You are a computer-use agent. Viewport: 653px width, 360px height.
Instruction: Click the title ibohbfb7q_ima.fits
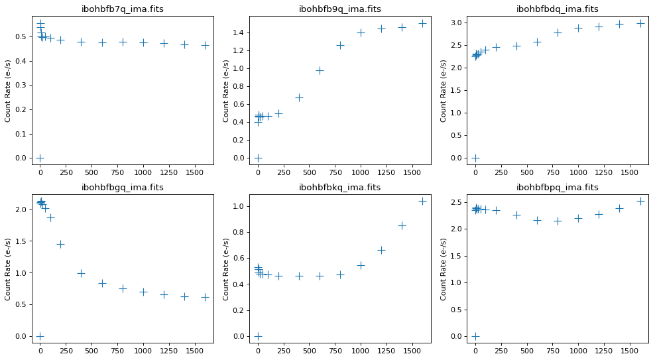[122, 9]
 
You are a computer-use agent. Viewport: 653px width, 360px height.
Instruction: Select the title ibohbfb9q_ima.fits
[340, 9]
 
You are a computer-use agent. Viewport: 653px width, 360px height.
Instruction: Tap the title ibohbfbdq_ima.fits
[558, 9]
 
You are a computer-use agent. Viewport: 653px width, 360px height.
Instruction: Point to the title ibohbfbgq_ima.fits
[122, 188]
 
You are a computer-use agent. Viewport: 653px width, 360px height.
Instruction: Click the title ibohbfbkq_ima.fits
[340, 188]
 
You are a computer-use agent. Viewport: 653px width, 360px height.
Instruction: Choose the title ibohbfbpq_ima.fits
[558, 188]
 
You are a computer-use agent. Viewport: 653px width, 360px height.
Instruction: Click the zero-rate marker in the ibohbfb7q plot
[40, 158]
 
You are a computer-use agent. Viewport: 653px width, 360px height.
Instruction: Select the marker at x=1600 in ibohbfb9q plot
[422, 23]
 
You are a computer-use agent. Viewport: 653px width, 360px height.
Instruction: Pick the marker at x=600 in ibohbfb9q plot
[320, 70]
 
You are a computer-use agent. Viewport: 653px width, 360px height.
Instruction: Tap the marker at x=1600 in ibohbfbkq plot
[422, 201]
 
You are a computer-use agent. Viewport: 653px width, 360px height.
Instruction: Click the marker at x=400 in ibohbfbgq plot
[81, 273]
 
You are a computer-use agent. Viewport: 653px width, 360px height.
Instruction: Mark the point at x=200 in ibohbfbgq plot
[60, 244]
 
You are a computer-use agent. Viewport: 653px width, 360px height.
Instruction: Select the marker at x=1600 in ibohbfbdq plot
[640, 23]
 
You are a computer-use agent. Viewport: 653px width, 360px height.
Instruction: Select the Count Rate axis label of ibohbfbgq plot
[9, 269]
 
